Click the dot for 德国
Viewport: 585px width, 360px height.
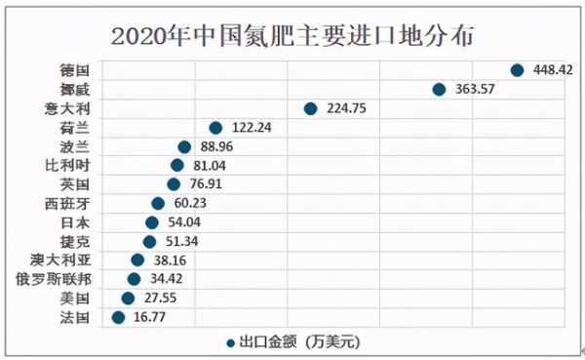coord(517,70)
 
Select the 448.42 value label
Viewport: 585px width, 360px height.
coord(551,70)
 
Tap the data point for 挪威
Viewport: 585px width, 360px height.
coord(439,90)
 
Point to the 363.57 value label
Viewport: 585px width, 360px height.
coord(473,90)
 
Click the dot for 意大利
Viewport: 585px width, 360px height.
coord(310,108)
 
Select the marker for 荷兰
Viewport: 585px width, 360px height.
coord(215,128)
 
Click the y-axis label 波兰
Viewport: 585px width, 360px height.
coord(75,146)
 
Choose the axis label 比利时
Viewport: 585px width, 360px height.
coord(68,165)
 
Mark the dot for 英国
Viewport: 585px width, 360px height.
coord(174,184)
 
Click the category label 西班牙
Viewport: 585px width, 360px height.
coord(68,203)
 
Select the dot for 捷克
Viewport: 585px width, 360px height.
coord(149,241)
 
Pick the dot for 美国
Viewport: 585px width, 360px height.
coord(128,298)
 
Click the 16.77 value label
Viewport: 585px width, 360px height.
coord(152,317)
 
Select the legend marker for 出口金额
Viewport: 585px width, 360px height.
coord(230,342)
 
